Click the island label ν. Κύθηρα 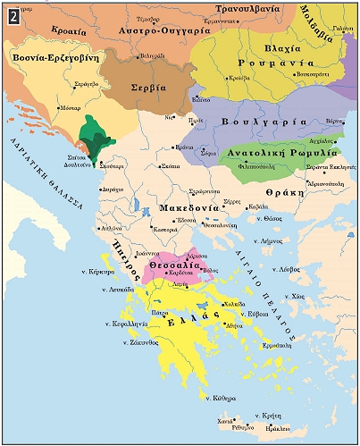pos(220,397)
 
